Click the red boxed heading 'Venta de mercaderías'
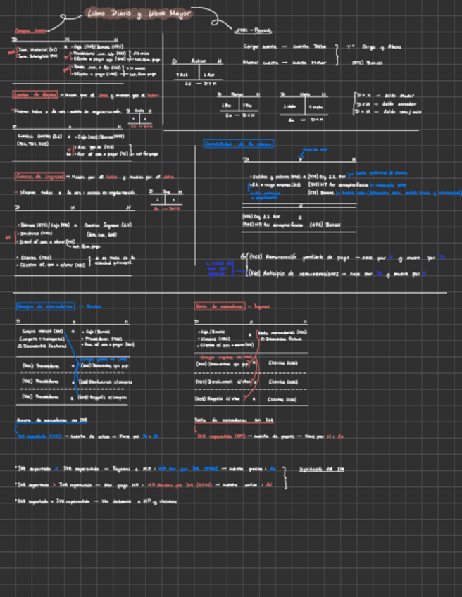tap(223, 306)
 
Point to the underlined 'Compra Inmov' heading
tap(31, 30)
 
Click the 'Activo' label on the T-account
tap(200, 61)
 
